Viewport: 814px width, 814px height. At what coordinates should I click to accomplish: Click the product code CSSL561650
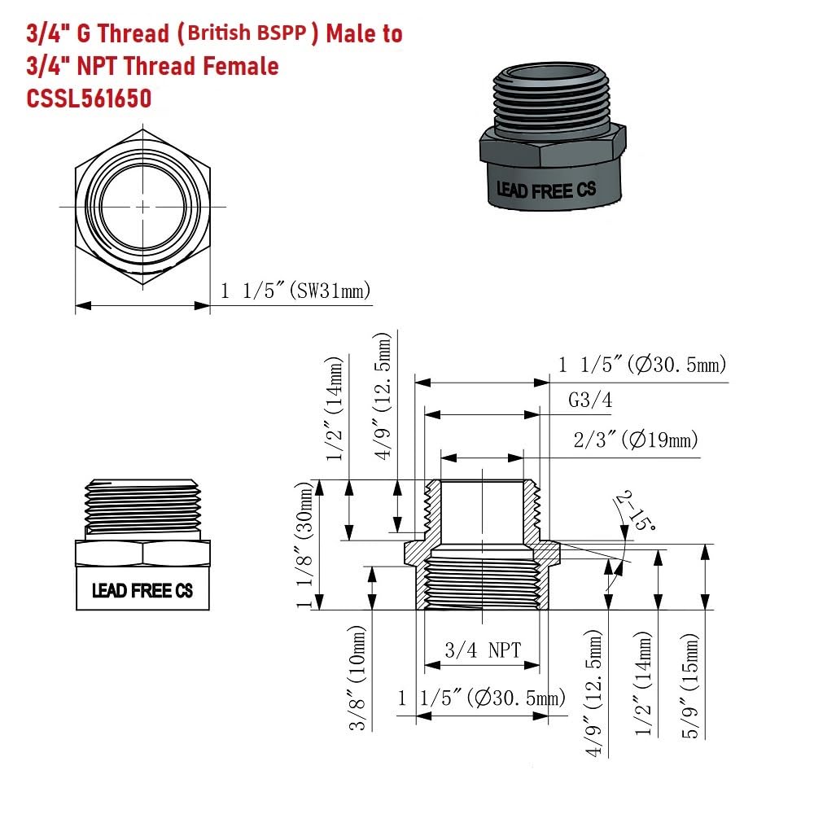tap(89, 98)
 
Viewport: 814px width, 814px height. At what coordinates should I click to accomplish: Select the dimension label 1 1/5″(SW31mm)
tap(295, 291)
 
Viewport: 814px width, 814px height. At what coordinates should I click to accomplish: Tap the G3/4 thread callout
tap(590, 400)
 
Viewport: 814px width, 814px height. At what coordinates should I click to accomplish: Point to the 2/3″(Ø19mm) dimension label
tap(636, 440)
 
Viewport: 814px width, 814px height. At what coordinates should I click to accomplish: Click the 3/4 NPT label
tap(483, 650)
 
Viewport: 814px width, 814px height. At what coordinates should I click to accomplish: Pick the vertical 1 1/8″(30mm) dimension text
tap(305, 545)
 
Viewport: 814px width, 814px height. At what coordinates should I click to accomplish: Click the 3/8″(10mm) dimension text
tap(357, 678)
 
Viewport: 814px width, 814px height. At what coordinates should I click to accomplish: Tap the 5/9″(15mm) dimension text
tap(690, 685)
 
